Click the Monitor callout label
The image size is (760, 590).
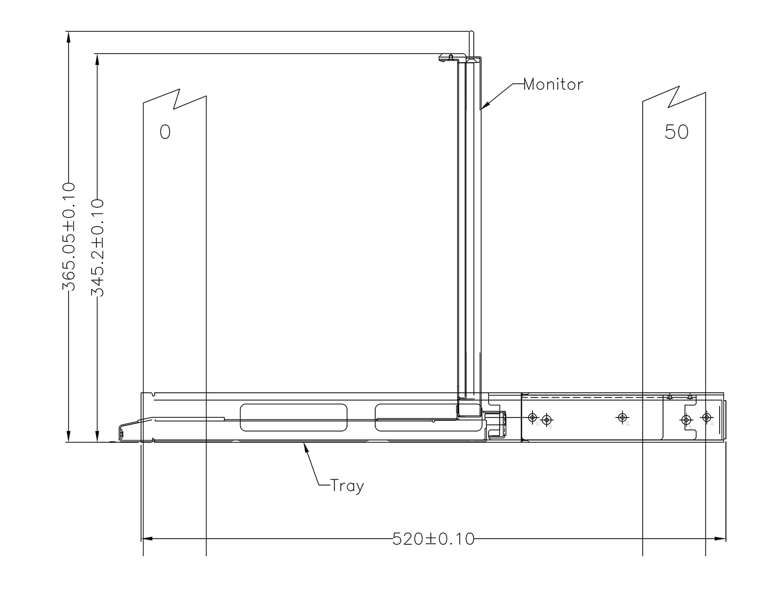(x=553, y=84)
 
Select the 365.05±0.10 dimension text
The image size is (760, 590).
(x=69, y=236)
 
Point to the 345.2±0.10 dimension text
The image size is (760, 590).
(x=97, y=248)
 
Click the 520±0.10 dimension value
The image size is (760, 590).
(x=433, y=539)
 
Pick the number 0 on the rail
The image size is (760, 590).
(x=165, y=132)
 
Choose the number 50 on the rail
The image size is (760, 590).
(x=676, y=132)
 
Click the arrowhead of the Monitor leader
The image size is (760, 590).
(x=484, y=107)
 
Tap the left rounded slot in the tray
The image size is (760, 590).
(x=293, y=417)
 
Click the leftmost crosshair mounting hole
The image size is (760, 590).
(x=533, y=417)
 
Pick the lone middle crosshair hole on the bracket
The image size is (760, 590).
(x=622, y=417)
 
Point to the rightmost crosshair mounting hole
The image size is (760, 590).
(x=707, y=417)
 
